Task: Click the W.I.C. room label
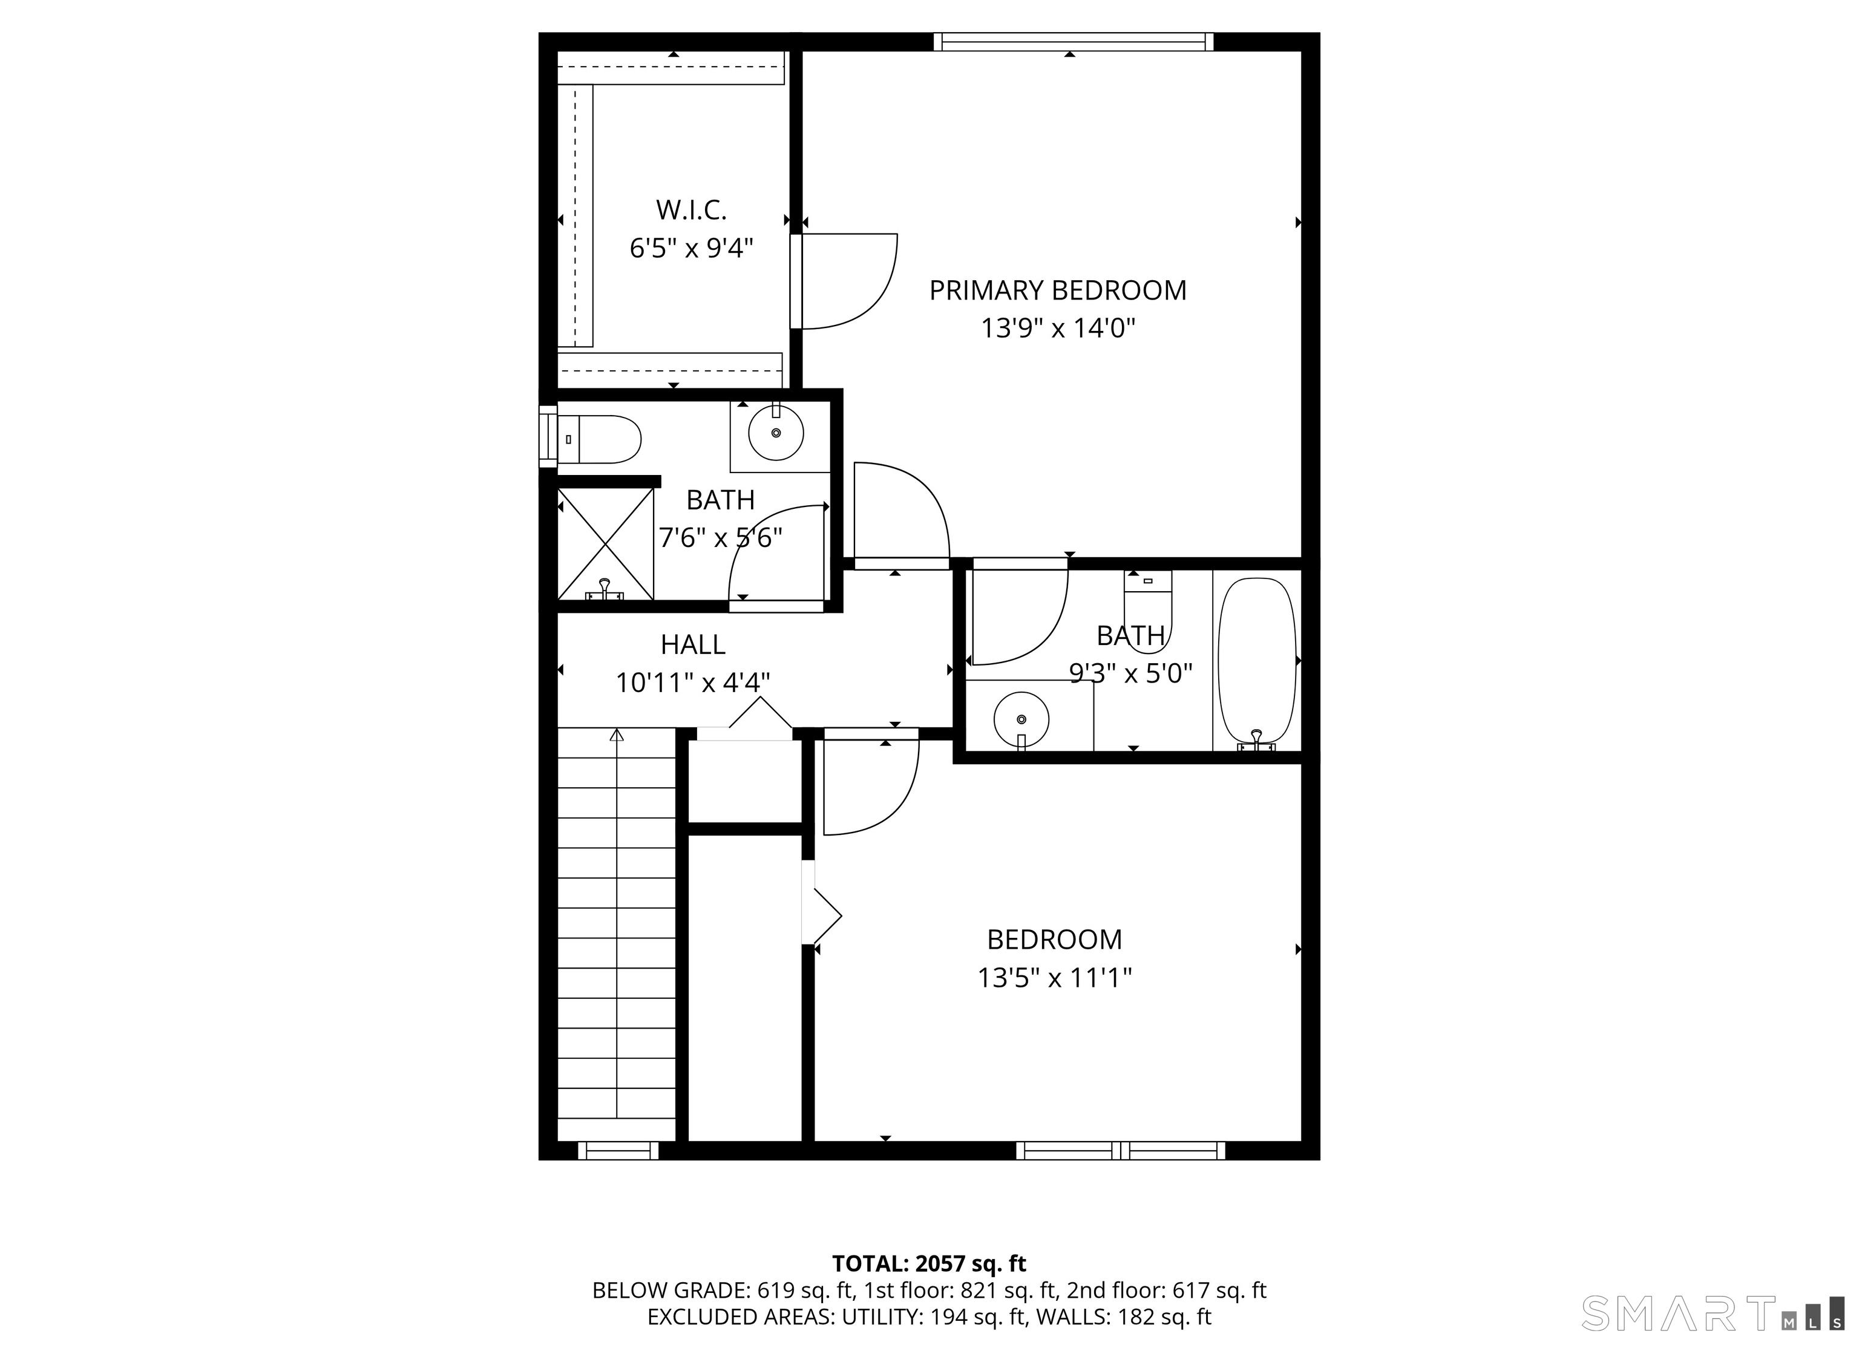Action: coord(691,211)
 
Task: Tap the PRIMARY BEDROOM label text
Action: coord(1057,290)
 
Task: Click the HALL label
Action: coord(693,645)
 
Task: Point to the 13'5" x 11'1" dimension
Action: coord(1054,978)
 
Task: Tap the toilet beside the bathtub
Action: coord(1147,610)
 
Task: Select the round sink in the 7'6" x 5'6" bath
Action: coord(775,433)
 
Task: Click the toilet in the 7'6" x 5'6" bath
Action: coord(598,439)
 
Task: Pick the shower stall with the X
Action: coord(606,543)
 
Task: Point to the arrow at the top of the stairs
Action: coord(617,735)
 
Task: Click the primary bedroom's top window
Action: coord(1073,42)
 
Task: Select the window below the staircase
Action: coord(618,1151)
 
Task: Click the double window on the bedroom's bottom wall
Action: coord(1121,1151)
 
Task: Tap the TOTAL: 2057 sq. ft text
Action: coord(929,1263)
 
